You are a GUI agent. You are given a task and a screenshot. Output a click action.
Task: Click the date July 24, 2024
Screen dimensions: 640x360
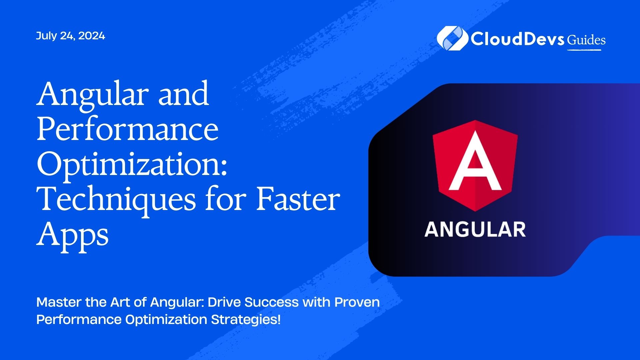coord(70,36)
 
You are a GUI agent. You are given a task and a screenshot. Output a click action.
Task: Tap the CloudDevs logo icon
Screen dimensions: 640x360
coord(452,38)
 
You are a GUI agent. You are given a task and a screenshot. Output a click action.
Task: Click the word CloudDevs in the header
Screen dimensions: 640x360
coord(517,39)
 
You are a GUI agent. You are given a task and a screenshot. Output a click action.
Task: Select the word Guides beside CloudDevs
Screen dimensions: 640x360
coord(586,40)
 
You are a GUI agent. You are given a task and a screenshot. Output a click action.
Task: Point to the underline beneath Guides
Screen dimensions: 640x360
coord(584,50)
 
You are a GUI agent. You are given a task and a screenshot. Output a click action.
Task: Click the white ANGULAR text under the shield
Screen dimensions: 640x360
coord(475,230)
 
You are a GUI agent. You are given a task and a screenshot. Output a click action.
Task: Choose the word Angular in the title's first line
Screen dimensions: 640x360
coord(92,95)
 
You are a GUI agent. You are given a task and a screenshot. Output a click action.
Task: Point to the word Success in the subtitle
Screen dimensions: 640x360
coord(272,302)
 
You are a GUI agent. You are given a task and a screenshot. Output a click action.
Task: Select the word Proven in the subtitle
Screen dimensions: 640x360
coord(357,302)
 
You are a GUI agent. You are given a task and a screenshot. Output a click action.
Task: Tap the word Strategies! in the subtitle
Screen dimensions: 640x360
coord(246,320)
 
